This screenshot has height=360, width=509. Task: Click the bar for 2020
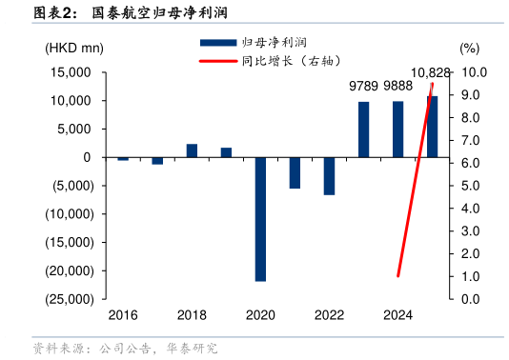260,219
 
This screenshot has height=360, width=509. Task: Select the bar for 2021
295,172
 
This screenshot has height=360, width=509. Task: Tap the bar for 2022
329,176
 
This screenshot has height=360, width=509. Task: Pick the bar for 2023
363,130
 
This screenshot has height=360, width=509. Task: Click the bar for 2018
192,150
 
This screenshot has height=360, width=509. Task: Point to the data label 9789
363,86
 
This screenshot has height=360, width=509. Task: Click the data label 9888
397,86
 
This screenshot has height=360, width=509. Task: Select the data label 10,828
431,72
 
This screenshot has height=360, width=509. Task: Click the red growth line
415,181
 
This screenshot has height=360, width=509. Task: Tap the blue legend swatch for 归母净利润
217,43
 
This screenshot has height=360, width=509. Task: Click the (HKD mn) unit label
73,48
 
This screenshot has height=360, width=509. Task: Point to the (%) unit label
470,48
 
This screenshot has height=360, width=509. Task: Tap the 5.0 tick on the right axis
472,186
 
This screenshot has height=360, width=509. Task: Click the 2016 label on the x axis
123,315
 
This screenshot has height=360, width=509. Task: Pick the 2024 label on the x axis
397,315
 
